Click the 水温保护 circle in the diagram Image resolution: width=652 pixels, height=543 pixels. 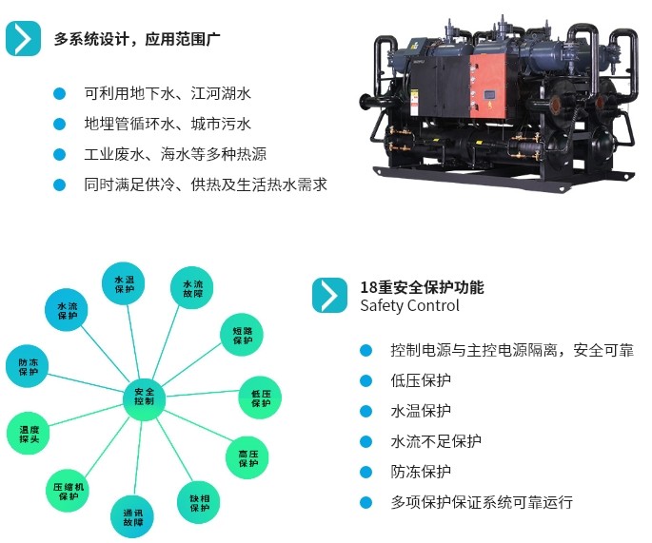coord(125,284)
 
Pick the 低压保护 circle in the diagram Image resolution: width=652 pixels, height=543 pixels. coord(261,398)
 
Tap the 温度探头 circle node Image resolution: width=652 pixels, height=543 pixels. coord(30,435)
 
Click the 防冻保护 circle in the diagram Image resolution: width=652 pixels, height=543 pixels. coord(29,366)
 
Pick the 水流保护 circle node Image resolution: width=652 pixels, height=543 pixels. coord(68,310)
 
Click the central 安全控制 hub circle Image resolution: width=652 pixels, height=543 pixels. coord(144,397)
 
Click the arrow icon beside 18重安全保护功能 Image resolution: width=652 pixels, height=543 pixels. coord(329,296)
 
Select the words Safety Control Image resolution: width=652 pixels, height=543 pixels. coord(409,306)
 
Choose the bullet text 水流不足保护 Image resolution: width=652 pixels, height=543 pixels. coord(436,441)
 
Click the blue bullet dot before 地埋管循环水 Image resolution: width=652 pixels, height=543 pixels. coord(59,124)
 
